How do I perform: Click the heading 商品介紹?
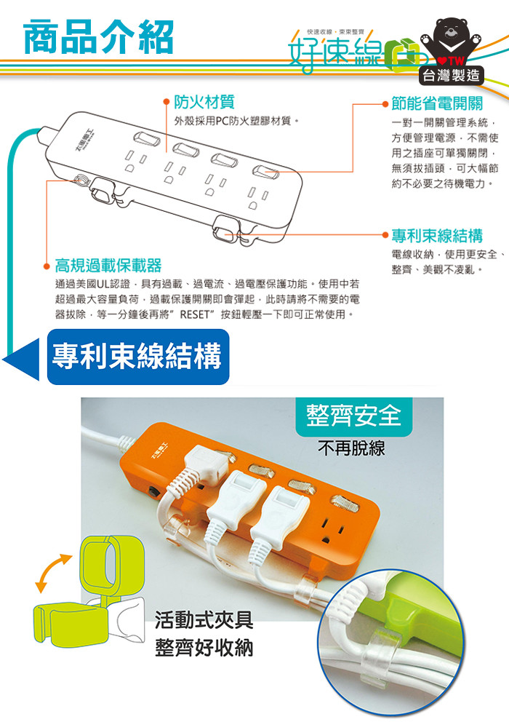coord(98,37)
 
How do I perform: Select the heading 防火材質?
coord(204,102)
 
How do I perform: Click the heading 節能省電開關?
coord(437,103)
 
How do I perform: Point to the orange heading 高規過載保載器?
coord(108,265)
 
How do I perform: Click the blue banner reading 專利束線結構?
coord(138,357)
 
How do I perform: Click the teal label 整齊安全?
coord(353,416)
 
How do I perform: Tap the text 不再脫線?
coord(351,448)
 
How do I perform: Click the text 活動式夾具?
coord(204,620)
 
